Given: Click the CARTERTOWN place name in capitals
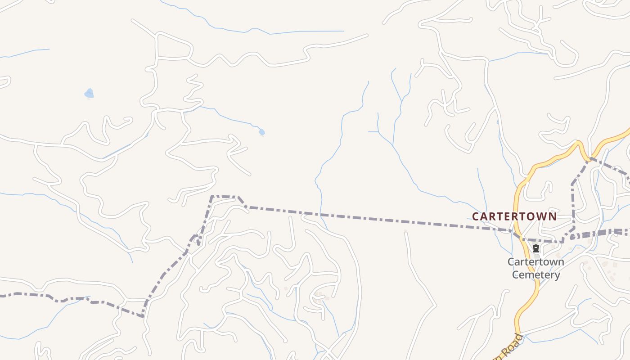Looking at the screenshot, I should pyautogui.click(x=514, y=216).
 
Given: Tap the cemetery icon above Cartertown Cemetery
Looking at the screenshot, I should pyautogui.click(x=535, y=248).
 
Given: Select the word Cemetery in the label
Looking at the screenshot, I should pyautogui.click(x=536, y=274).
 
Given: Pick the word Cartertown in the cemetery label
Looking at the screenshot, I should pyautogui.click(x=535, y=262).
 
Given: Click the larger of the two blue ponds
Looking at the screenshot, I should pyautogui.click(x=89, y=93).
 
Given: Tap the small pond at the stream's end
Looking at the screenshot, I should pyautogui.click(x=261, y=132).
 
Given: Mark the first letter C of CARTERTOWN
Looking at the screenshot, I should pyautogui.click(x=476, y=216).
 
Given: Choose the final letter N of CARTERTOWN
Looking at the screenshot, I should pyautogui.click(x=552, y=216).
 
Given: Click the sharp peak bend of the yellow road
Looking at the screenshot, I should pyautogui.click(x=579, y=143).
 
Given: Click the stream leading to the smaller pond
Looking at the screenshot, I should pyautogui.click(x=229, y=117).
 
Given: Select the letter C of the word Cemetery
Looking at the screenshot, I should pyautogui.click(x=516, y=274).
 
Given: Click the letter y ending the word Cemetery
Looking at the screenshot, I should pyautogui.click(x=557, y=275).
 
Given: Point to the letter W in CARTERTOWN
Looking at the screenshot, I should pyautogui.click(x=541, y=216).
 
